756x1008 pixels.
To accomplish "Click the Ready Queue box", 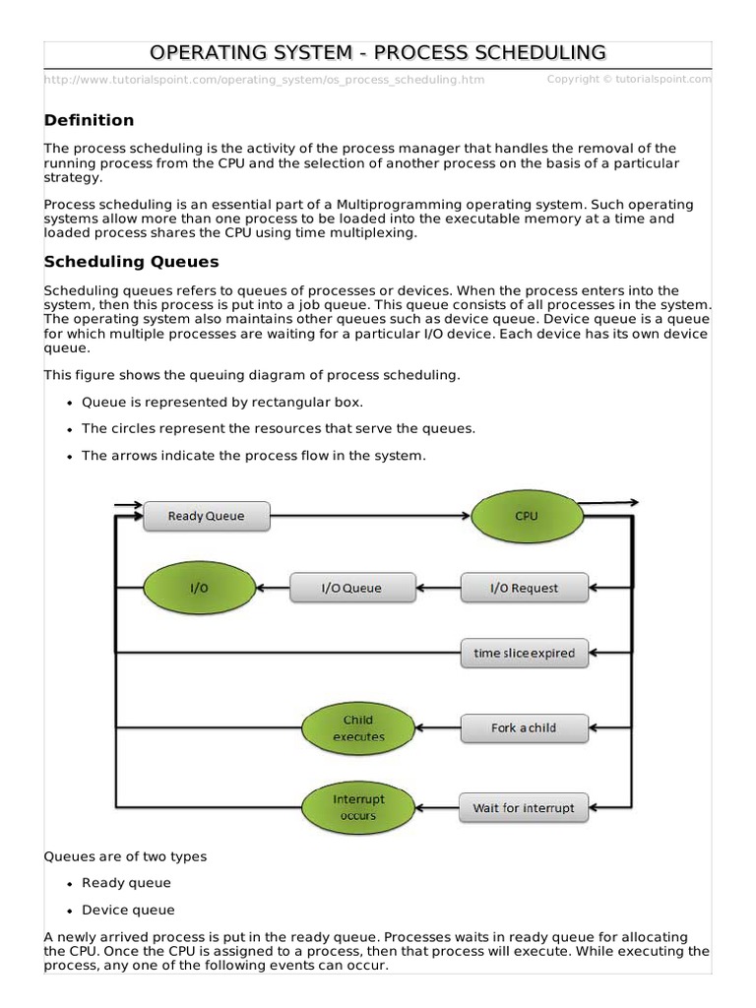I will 207,515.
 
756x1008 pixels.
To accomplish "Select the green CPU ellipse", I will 526,515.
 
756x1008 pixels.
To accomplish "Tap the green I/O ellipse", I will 198,588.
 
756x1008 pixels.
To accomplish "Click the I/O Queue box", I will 351,589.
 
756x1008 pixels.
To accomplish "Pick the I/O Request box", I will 524,589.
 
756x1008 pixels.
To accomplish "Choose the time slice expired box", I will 524,653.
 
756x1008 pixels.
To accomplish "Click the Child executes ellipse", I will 358,728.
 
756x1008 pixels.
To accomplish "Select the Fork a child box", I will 524,728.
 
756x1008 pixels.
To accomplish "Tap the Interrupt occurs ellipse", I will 358,807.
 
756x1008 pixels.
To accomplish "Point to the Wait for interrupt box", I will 524,808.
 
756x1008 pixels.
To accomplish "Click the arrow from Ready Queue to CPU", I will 369,515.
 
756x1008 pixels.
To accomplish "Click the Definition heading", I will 90,120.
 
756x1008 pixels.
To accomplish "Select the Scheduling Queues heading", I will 132,262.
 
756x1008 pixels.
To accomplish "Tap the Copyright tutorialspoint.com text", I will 628,79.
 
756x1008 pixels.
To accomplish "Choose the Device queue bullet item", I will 128,910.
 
